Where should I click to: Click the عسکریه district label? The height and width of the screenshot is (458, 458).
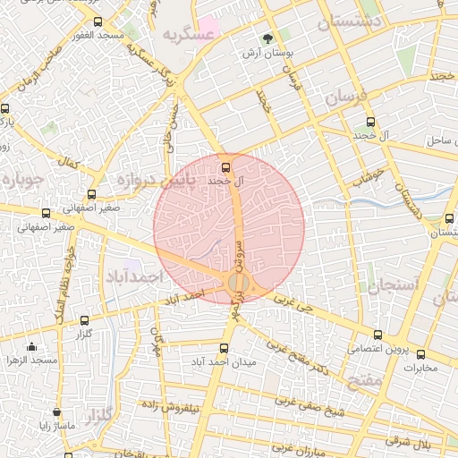click(189, 36)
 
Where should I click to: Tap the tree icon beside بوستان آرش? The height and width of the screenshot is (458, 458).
click(267, 38)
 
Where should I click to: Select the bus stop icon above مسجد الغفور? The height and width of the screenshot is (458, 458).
click(98, 21)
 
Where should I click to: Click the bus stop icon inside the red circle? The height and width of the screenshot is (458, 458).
click(225, 166)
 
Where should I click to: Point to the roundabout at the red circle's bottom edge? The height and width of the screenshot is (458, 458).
click(236, 284)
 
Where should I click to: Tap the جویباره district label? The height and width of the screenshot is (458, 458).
click(19, 179)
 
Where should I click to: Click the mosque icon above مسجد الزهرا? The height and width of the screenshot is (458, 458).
click(32, 347)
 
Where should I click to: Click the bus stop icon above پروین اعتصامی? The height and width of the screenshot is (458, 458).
click(377, 335)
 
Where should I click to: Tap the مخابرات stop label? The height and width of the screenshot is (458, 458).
click(420, 367)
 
